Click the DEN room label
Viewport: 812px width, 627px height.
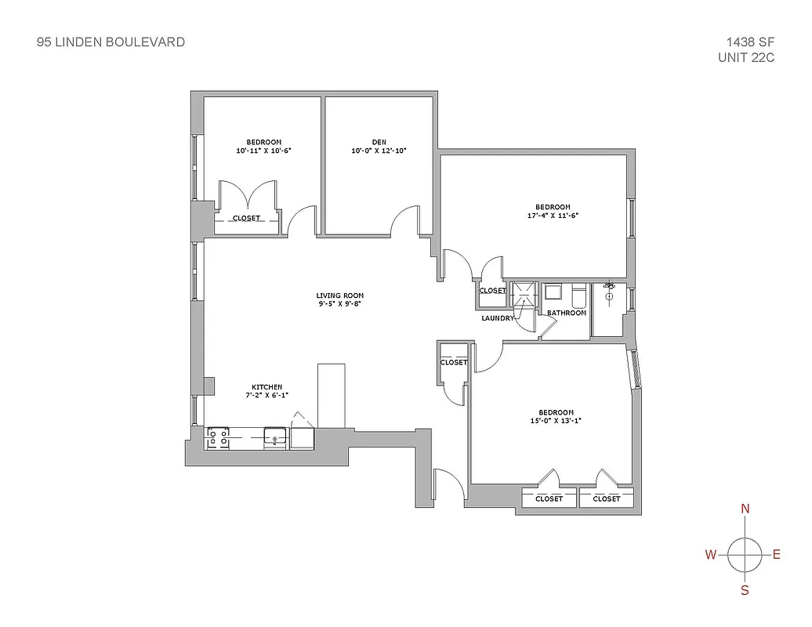(379, 142)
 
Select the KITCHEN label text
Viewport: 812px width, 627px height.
(267, 387)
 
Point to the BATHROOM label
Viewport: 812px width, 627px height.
(567, 313)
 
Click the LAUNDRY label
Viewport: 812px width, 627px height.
(498, 318)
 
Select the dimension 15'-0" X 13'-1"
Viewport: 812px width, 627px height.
(556, 421)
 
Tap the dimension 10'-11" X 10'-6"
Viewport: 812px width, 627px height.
(263, 150)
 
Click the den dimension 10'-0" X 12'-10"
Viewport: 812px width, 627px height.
(379, 150)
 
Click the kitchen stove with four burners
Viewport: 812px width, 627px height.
(217, 438)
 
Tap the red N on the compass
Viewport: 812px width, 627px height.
(745, 509)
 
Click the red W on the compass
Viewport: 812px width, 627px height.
(711, 556)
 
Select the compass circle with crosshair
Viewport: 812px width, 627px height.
(745, 555)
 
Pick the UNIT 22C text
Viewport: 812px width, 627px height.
(746, 57)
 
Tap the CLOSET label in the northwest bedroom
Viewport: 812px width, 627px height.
(247, 218)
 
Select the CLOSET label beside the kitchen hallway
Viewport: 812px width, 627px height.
(454, 363)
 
